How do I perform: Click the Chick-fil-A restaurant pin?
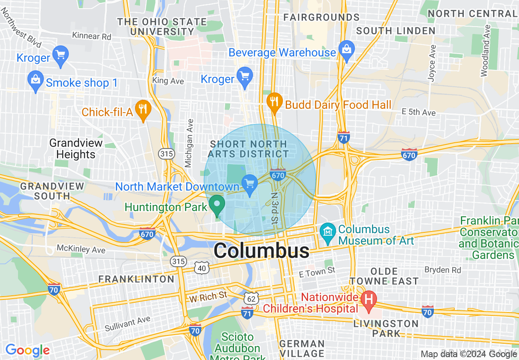[143, 110]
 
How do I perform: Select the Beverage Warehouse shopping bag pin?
[347, 51]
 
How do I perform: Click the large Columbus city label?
[261, 250]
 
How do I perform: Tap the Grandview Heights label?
[76, 149]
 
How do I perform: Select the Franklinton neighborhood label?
[136, 279]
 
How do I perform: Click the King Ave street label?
[168, 81]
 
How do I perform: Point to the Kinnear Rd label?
[92, 36]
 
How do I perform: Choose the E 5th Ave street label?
[418, 112]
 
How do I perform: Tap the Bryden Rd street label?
[443, 270]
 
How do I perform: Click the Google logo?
[27, 350]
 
